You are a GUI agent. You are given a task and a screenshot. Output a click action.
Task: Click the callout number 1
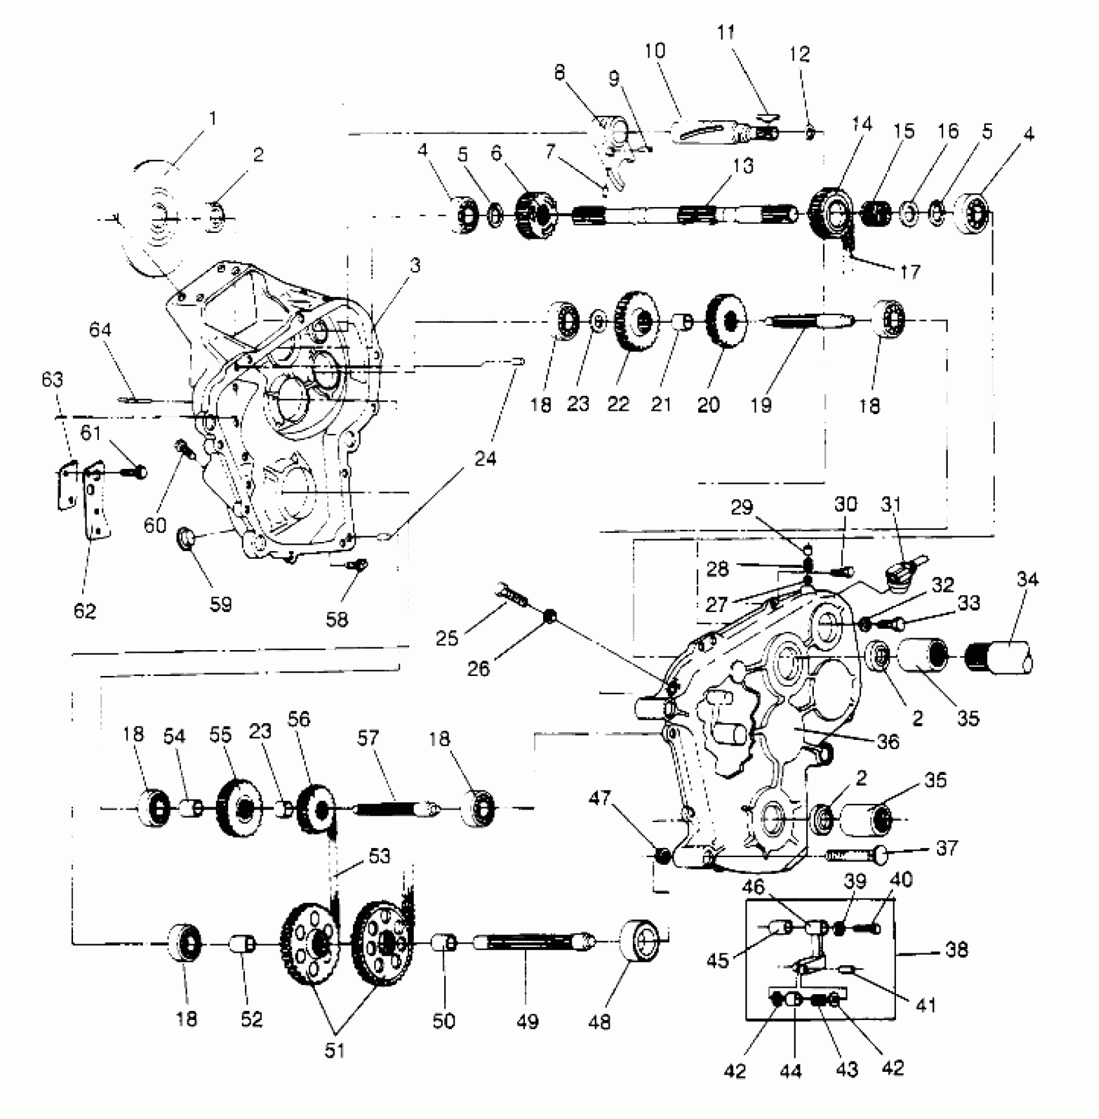click(x=213, y=119)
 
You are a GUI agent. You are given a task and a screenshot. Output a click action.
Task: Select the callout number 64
click(x=100, y=331)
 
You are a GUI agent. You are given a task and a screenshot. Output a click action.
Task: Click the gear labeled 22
click(x=635, y=321)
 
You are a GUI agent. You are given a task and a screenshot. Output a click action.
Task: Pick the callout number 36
click(x=888, y=742)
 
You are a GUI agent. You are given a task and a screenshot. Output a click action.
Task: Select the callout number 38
click(x=957, y=950)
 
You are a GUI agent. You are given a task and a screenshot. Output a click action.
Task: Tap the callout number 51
click(x=334, y=1050)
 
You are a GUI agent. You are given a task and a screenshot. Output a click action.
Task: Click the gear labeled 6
click(x=534, y=214)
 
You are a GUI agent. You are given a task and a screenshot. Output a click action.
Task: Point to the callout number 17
click(x=910, y=272)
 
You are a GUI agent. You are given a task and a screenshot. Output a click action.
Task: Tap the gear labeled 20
click(x=725, y=321)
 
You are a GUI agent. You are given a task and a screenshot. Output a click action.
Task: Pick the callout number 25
click(x=447, y=638)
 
